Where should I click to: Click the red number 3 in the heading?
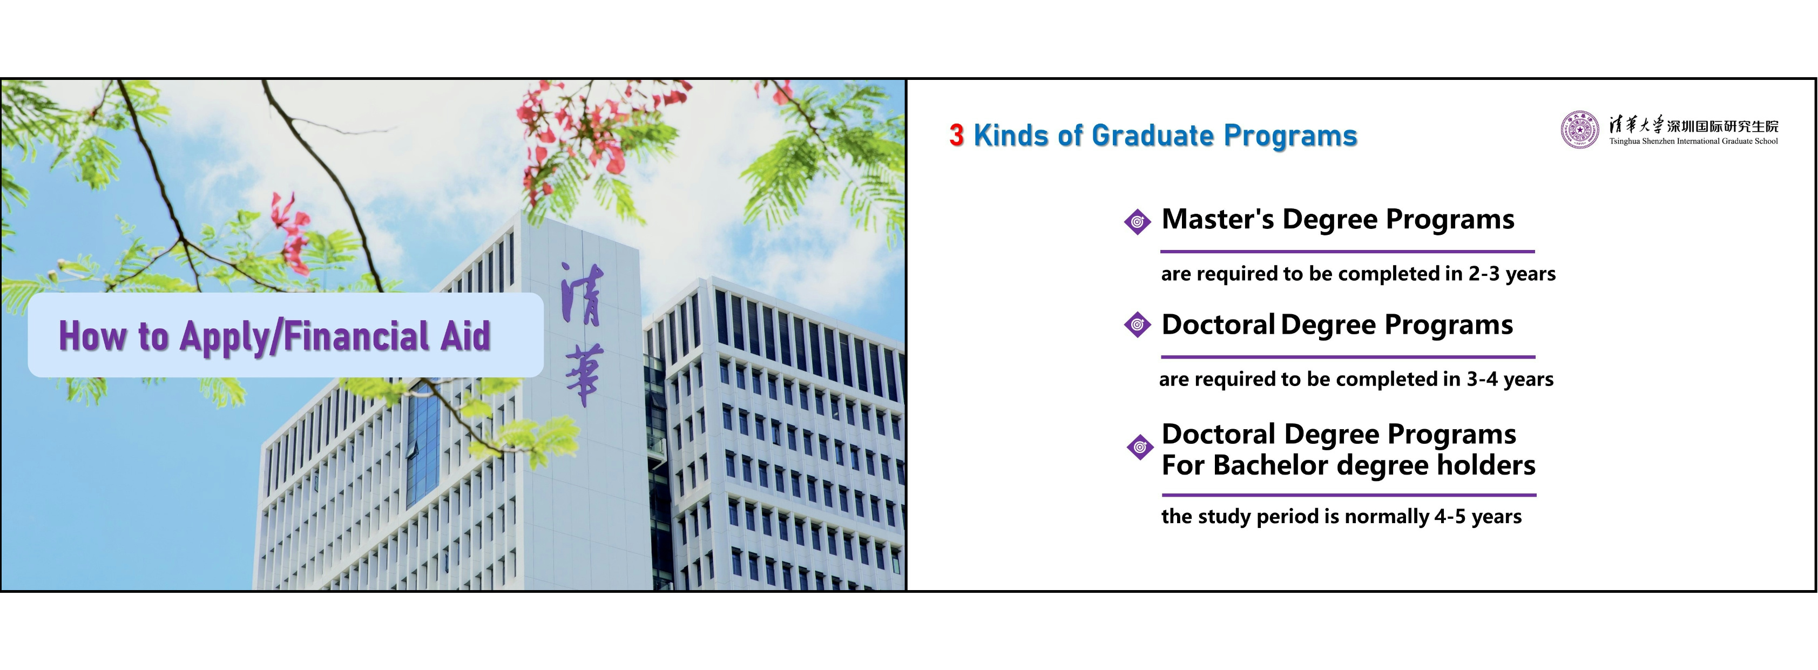(x=956, y=135)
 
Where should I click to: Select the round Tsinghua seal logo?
(x=1579, y=130)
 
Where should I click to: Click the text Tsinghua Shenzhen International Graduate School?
(x=1693, y=141)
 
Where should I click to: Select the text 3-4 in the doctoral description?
(x=1482, y=379)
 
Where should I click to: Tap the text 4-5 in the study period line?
(x=1450, y=516)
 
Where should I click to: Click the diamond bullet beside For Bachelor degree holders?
(x=1140, y=447)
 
